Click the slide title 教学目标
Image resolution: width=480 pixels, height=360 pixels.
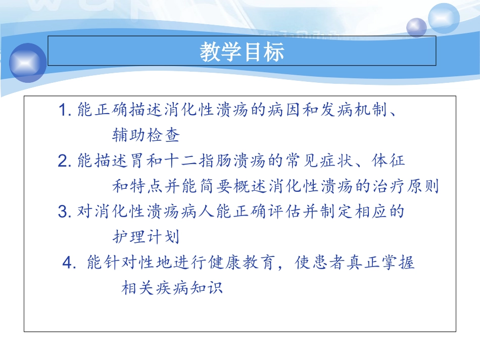(x=242, y=52)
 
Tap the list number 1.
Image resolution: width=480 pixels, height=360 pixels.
(x=64, y=110)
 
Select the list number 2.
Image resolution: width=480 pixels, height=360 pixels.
(x=64, y=161)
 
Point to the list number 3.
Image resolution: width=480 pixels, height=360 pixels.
(x=64, y=212)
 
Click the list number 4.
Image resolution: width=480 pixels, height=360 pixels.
(x=69, y=263)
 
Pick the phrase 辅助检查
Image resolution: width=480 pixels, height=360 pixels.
(x=146, y=135)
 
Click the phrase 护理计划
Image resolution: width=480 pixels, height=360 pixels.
(x=146, y=237)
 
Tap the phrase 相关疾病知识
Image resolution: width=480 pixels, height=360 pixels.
(x=172, y=288)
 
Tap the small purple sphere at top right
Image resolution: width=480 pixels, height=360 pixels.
(x=417, y=27)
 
